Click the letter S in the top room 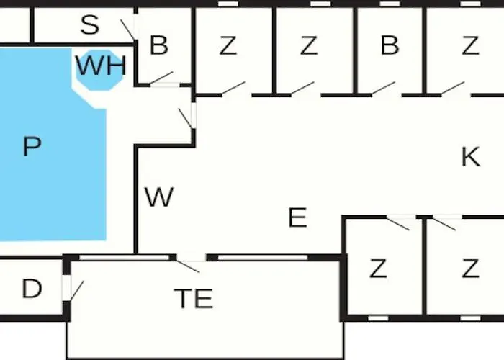pos(89,26)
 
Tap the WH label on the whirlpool pos(101,66)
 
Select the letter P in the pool pos(32,147)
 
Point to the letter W pos(158,197)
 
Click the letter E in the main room pos(297,217)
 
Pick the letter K pos(470,157)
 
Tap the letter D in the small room pos(32,289)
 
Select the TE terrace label pos(194,298)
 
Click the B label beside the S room pos(158,46)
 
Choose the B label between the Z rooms pos(390,46)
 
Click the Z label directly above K pos(470,46)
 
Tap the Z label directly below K pos(470,269)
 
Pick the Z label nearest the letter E pos(377,269)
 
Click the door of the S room pos(128,29)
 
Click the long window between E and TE pos(262,257)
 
